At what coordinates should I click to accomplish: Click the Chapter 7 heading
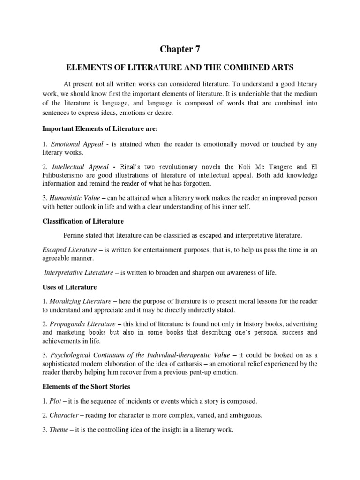click(x=180, y=49)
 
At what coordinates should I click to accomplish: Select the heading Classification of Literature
click(x=83, y=221)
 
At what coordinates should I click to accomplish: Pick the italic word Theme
click(x=59, y=430)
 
